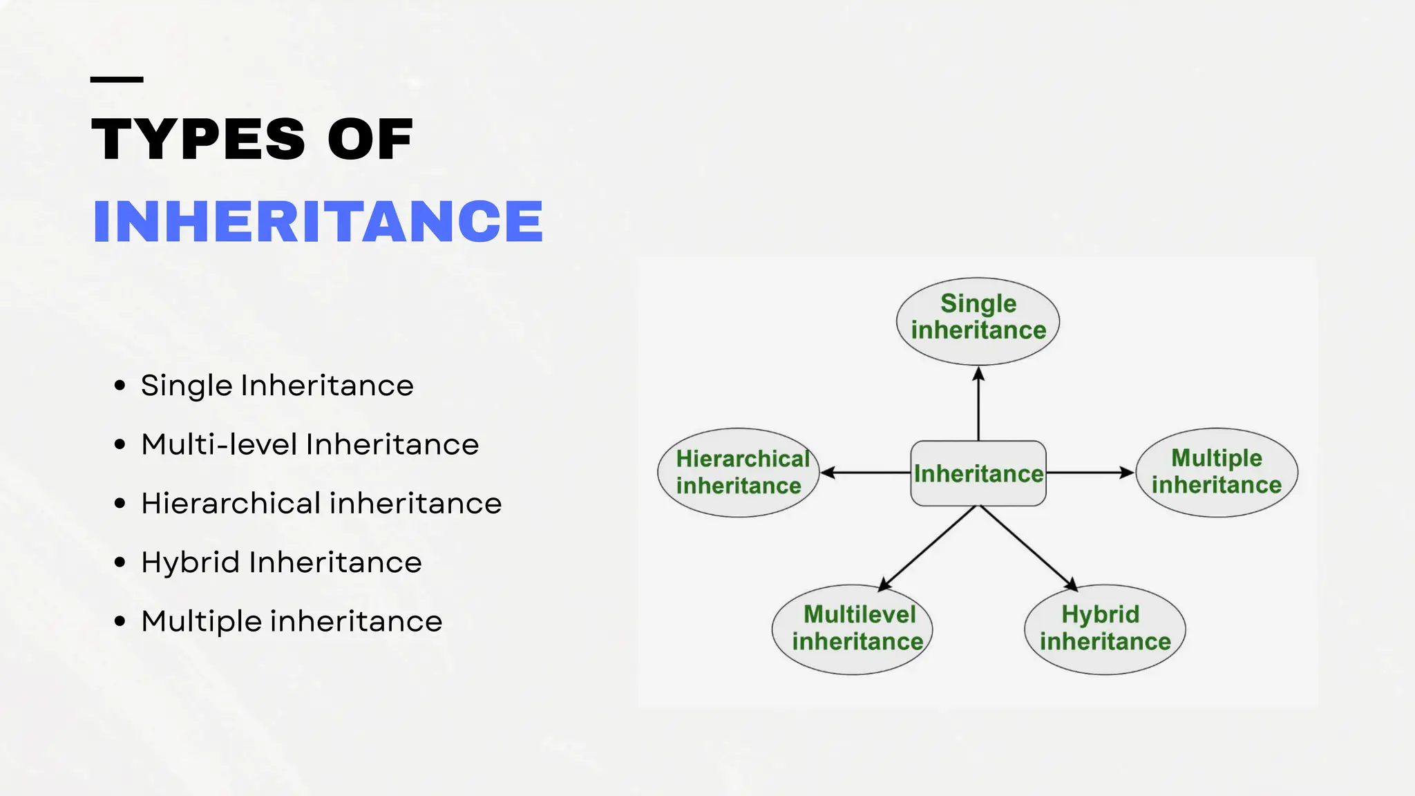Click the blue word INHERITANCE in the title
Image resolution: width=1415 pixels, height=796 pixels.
click(x=318, y=221)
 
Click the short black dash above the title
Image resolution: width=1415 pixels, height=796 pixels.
click(x=117, y=80)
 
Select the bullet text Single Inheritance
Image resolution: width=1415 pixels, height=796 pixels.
click(x=277, y=386)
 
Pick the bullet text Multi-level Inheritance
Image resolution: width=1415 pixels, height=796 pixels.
click(x=310, y=444)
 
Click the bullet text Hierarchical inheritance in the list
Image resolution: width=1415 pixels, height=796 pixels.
click(x=321, y=503)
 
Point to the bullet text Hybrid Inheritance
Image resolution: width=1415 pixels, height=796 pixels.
click(x=281, y=562)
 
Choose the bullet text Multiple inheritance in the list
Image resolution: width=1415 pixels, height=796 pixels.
click(x=292, y=621)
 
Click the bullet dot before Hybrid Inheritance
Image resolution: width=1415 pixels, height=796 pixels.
click(x=120, y=562)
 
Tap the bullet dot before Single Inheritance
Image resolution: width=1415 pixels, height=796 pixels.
click(x=120, y=386)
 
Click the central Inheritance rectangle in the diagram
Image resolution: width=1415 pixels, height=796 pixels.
click(x=978, y=473)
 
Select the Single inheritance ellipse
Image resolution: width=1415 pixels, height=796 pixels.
click(x=978, y=321)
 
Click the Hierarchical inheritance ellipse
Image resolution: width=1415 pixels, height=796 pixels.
click(x=739, y=473)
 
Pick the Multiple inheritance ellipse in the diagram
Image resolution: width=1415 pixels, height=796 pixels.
click(x=1217, y=473)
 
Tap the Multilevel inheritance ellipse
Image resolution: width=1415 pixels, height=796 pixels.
click(x=853, y=629)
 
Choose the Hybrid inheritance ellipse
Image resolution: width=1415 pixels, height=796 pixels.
click(x=1105, y=629)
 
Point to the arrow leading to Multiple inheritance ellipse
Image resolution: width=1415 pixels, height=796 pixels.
click(x=1090, y=473)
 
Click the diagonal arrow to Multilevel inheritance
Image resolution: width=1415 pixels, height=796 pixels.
click(x=928, y=549)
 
